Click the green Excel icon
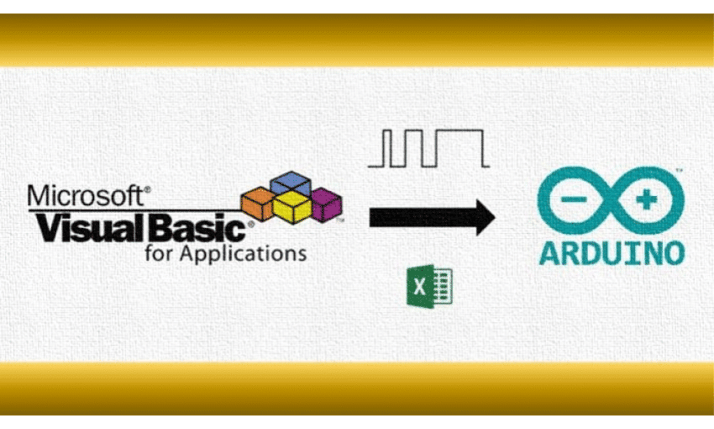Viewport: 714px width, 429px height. (x=429, y=288)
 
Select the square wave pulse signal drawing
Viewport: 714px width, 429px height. (x=428, y=147)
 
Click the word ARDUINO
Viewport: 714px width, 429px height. (x=612, y=252)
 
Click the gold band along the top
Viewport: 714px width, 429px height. (x=357, y=40)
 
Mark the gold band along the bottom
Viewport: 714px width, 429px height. (x=357, y=389)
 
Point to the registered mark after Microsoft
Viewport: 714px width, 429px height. (x=147, y=190)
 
